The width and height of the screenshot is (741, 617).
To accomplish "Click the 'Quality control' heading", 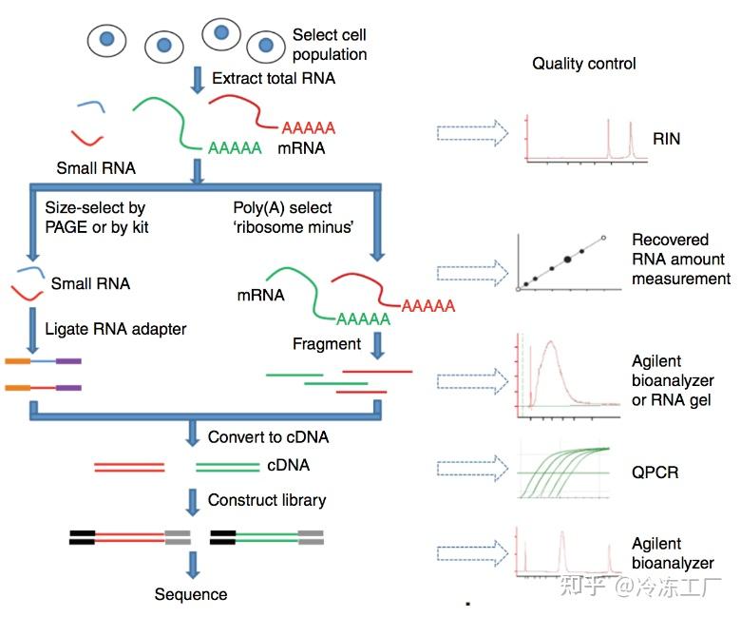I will pyautogui.click(x=583, y=64).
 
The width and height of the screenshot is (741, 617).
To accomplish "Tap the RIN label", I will pyautogui.click(x=666, y=139).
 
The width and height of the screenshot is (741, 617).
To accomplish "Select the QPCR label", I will pyautogui.click(x=655, y=472).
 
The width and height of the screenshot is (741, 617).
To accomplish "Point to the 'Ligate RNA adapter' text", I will pyautogui.click(x=116, y=329).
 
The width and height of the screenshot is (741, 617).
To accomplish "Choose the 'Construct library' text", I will pyautogui.click(x=267, y=500).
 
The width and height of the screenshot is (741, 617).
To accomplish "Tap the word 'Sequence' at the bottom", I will pyautogui.click(x=191, y=594).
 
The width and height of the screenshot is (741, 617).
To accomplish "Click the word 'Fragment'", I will pyautogui.click(x=327, y=343).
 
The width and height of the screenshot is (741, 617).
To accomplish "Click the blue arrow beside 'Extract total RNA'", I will pyautogui.click(x=198, y=80).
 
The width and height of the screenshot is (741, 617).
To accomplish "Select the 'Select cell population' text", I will pyautogui.click(x=329, y=45).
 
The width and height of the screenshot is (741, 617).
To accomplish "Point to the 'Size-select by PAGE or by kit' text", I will pyautogui.click(x=96, y=217).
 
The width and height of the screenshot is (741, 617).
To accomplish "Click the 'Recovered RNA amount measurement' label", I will pyautogui.click(x=680, y=260).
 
